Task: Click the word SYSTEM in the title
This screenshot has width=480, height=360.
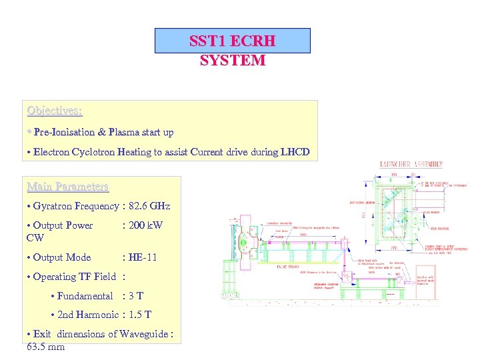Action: coord(233,60)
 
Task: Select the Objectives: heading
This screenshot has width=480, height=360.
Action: coord(55,110)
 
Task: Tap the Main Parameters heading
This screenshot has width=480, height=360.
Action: coord(67,186)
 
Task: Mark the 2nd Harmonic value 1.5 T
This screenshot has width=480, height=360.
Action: coord(140,315)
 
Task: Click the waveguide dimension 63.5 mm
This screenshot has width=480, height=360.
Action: coord(46,347)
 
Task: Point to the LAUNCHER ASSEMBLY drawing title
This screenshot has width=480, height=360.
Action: coord(411,164)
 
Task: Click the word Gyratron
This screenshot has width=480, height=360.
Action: coord(54,206)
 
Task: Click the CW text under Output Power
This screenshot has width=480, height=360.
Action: coord(35,237)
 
